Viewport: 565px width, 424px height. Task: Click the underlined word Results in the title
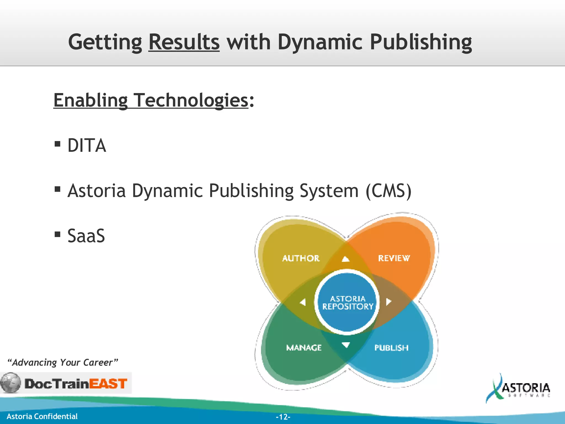click(184, 42)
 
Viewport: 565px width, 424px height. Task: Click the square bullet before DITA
click(57, 144)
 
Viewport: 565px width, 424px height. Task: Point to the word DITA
click(87, 145)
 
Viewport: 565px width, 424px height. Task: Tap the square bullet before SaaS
click(57, 234)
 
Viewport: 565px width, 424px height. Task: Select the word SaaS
click(86, 236)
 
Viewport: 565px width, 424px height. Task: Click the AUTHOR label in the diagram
click(301, 258)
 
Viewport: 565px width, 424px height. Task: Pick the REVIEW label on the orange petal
click(394, 258)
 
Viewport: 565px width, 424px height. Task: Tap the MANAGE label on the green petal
click(304, 348)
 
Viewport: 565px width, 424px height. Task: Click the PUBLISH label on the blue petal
click(391, 348)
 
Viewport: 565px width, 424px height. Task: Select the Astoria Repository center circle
click(347, 303)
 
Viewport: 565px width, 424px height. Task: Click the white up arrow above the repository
click(346, 259)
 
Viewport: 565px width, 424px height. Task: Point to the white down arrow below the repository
click(346, 345)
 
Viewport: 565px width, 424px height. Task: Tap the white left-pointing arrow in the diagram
click(303, 302)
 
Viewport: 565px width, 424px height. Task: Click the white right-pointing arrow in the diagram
click(389, 302)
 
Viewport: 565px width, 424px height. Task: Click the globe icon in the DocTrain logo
click(10, 383)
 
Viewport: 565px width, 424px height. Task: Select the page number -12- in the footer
click(283, 417)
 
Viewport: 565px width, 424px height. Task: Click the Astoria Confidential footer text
click(42, 416)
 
